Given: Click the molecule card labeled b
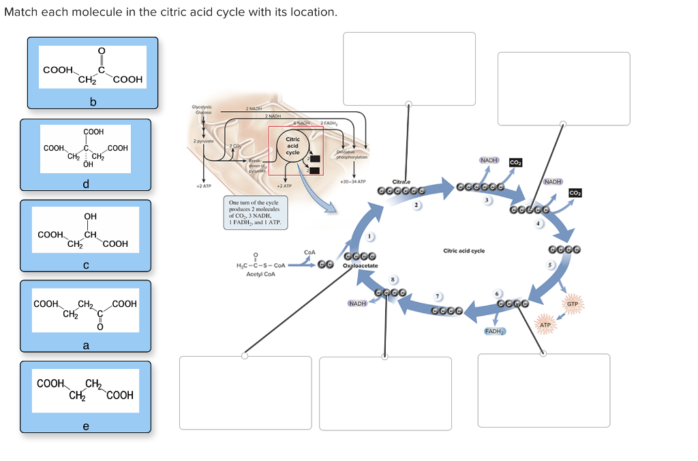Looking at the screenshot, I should click(93, 73).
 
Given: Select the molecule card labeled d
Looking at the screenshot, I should click(85, 155).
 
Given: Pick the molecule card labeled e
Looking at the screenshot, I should click(85, 397).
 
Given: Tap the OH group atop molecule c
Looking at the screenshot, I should click(90, 217).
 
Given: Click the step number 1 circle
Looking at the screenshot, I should click(371, 237).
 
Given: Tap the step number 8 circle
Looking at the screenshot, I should click(393, 278).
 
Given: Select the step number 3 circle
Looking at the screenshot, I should click(487, 200).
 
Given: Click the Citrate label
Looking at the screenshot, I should click(402, 181).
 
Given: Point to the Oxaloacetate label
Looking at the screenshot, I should click(361, 265).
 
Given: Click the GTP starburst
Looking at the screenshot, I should click(572, 303).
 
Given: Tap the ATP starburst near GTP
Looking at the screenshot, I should click(545, 325).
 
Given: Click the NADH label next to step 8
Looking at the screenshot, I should click(358, 303).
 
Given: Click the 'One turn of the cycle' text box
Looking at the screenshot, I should click(255, 213).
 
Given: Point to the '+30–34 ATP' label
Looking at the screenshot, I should click(353, 182).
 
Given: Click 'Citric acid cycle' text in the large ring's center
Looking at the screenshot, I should click(464, 251).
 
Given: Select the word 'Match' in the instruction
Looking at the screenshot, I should click(20, 13).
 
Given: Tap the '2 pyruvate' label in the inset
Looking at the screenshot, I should click(203, 140).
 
